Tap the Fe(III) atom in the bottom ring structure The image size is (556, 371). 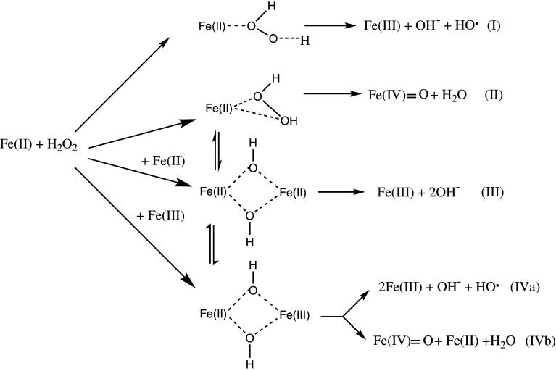(x=296, y=314)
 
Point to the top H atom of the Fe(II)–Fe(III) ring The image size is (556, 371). (x=252, y=267)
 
